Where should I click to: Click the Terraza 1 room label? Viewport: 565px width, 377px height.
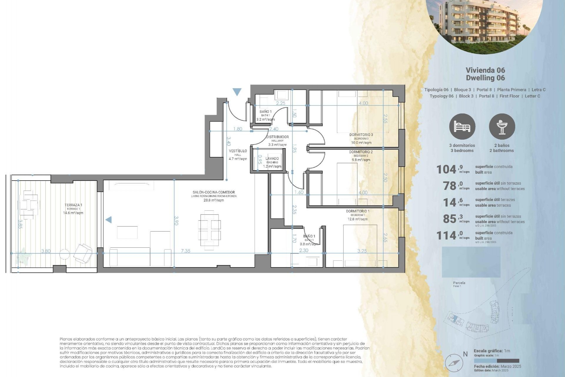[x=73, y=205]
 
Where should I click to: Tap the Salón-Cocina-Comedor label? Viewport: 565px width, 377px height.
[x=214, y=192]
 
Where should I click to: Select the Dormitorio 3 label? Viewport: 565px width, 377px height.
[x=361, y=135]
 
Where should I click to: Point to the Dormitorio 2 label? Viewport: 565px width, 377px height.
[x=361, y=152]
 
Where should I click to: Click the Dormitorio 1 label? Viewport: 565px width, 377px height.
[x=358, y=211]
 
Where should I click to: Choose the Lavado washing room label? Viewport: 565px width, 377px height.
[x=272, y=159]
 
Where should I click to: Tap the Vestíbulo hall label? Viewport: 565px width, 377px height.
[x=238, y=151]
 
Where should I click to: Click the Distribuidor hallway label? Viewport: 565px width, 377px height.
[x=277, y=137]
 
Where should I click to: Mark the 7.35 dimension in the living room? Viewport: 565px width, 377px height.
[x=185, y=251]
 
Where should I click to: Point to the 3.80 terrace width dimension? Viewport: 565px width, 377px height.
[x=46, y=251]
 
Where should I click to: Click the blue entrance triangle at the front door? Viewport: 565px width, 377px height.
[x=237, y=92]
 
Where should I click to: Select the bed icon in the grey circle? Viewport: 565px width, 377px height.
[x=462, y=127]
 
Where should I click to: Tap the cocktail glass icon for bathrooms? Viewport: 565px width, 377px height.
[x=502, y=127]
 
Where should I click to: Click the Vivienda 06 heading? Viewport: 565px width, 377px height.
[x=485, y=70]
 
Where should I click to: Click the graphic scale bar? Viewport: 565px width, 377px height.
[x=496, y=361]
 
